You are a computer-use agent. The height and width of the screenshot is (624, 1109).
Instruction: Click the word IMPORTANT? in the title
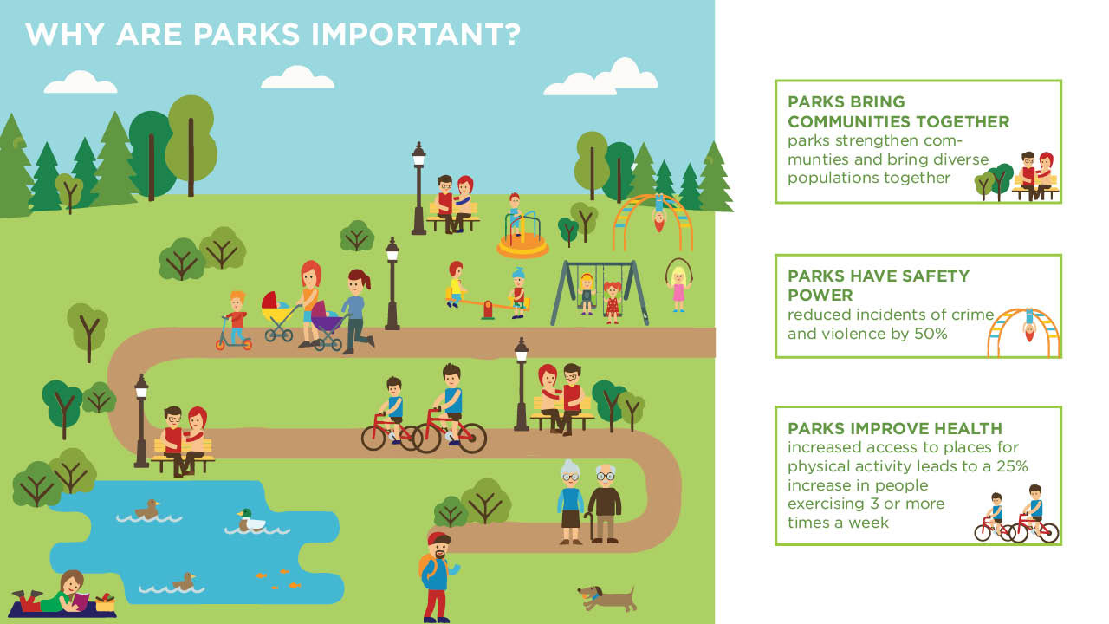[x=416, y=35]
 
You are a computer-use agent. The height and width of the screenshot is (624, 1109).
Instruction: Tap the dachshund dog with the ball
[x=607, y=598]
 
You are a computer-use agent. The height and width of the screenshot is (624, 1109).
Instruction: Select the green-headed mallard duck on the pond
[x=250, y=521]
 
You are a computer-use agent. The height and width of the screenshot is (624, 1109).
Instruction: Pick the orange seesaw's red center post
[x=488, y=309]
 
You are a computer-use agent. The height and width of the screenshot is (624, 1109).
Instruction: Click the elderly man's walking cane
[x=588, y=528]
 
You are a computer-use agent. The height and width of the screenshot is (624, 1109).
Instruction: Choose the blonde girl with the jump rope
[x=678, y=286]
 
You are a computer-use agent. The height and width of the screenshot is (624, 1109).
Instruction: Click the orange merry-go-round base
[x=522, y=245]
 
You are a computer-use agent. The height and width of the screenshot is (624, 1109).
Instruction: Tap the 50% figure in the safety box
[x=931, y=334]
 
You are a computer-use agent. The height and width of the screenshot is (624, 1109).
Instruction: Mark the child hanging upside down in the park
[x=659, y=212]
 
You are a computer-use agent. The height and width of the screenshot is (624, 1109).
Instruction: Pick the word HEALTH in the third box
[x=970, y=428]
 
